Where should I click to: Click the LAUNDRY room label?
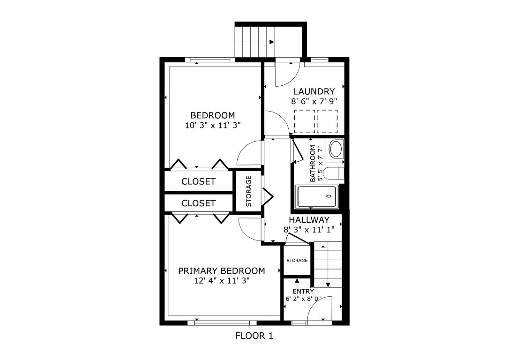(x=314, y=91)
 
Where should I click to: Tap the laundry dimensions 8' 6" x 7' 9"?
(x=314, y=101)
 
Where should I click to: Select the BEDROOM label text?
(x=212, y=115)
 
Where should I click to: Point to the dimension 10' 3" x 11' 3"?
(x=212, y=125)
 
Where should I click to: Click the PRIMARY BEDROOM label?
(x=221, y=271)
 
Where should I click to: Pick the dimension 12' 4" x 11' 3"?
(x=221, y=281)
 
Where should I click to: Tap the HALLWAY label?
(x=309, y=220)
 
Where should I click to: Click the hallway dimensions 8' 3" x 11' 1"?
(x=309, y=230)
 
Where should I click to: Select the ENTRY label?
(x=303, y=292)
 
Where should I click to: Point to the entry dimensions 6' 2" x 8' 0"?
(x=303, y=299)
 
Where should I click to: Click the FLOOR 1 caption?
(x=254, y=336)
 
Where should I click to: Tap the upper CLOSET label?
(x=198, y=181)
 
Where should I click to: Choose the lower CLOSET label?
(x=198, y=203)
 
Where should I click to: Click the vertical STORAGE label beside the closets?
(x=249, y=191)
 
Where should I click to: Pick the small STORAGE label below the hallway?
(x=297, y=261)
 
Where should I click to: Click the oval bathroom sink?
(x=336, y=150)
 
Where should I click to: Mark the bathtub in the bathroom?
(x=316, y=196)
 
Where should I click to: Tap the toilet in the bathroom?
(x=336, y=174)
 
